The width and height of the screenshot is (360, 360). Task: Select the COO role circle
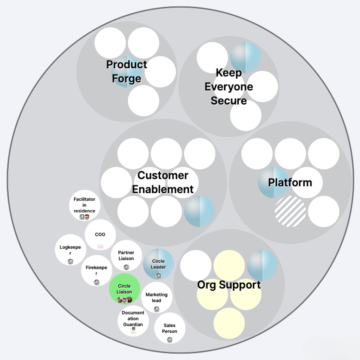tap(100, 235)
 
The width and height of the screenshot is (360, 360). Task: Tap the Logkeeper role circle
tap(70, 250)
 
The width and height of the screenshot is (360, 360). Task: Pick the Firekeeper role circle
tap(96, 271)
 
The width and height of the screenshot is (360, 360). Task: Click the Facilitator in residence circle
tap(84, 205)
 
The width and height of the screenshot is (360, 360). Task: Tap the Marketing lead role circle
tap(156, 297)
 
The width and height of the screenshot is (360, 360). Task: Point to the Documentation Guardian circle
tap(133, 319)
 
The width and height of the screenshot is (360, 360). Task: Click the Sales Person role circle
tap(170, 328)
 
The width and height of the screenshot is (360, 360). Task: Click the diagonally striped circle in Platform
tap(290, 211)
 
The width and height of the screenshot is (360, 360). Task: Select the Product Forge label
tap(127, 71)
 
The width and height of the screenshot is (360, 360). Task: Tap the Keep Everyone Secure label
tap(229, 87)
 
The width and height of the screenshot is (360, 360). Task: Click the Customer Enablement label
tap(163, 182)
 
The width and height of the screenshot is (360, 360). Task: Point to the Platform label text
tap(290, 182)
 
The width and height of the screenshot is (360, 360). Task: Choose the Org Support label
tap(229, 285)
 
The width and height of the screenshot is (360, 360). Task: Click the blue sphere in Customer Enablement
tap(199, 211)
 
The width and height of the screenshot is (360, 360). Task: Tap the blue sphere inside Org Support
tap(263, 265)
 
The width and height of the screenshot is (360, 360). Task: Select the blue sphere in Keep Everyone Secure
tap(245, 57)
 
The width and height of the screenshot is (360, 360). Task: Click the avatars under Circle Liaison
tap(124, 300)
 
